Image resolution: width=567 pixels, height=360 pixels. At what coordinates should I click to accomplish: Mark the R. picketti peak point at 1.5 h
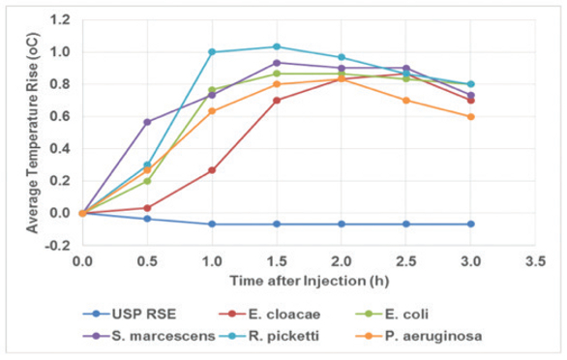(x=277, y=46)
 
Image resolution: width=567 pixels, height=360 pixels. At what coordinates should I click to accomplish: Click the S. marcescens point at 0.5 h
(x=147, y=122)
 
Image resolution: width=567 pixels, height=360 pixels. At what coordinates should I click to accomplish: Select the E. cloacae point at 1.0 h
(x=212, y=169)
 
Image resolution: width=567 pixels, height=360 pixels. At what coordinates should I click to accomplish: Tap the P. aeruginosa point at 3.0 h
(x=471, y=116)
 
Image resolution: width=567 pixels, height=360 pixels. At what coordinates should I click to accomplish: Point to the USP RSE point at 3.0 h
(x=471, y=224)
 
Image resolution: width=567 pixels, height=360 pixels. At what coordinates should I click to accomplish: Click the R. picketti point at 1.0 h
(x=212, y=52)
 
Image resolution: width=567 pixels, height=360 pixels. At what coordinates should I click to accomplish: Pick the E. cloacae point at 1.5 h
(x=277, y=100)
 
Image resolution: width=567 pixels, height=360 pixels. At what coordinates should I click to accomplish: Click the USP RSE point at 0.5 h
(x=147, y=219)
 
